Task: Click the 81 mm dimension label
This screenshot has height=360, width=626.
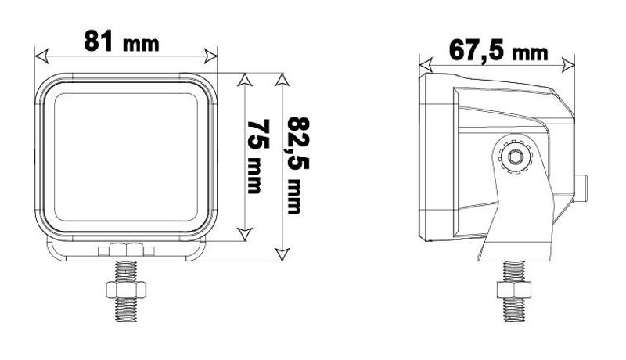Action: (x=121, y=41)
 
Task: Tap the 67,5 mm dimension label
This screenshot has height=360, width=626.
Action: (x=498, y=51)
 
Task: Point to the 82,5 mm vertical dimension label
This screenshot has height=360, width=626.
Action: (x=298, y=165)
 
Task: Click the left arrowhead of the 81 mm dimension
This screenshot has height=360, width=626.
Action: (x=41, y=56)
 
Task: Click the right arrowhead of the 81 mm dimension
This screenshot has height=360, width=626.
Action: (x=210, y=56)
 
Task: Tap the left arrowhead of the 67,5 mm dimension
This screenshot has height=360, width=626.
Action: (x=426, y=64)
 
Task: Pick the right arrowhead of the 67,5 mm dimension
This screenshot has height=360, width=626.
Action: (x=569, y=64)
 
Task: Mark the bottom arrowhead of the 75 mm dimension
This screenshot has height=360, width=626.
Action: (x=244, y=235)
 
